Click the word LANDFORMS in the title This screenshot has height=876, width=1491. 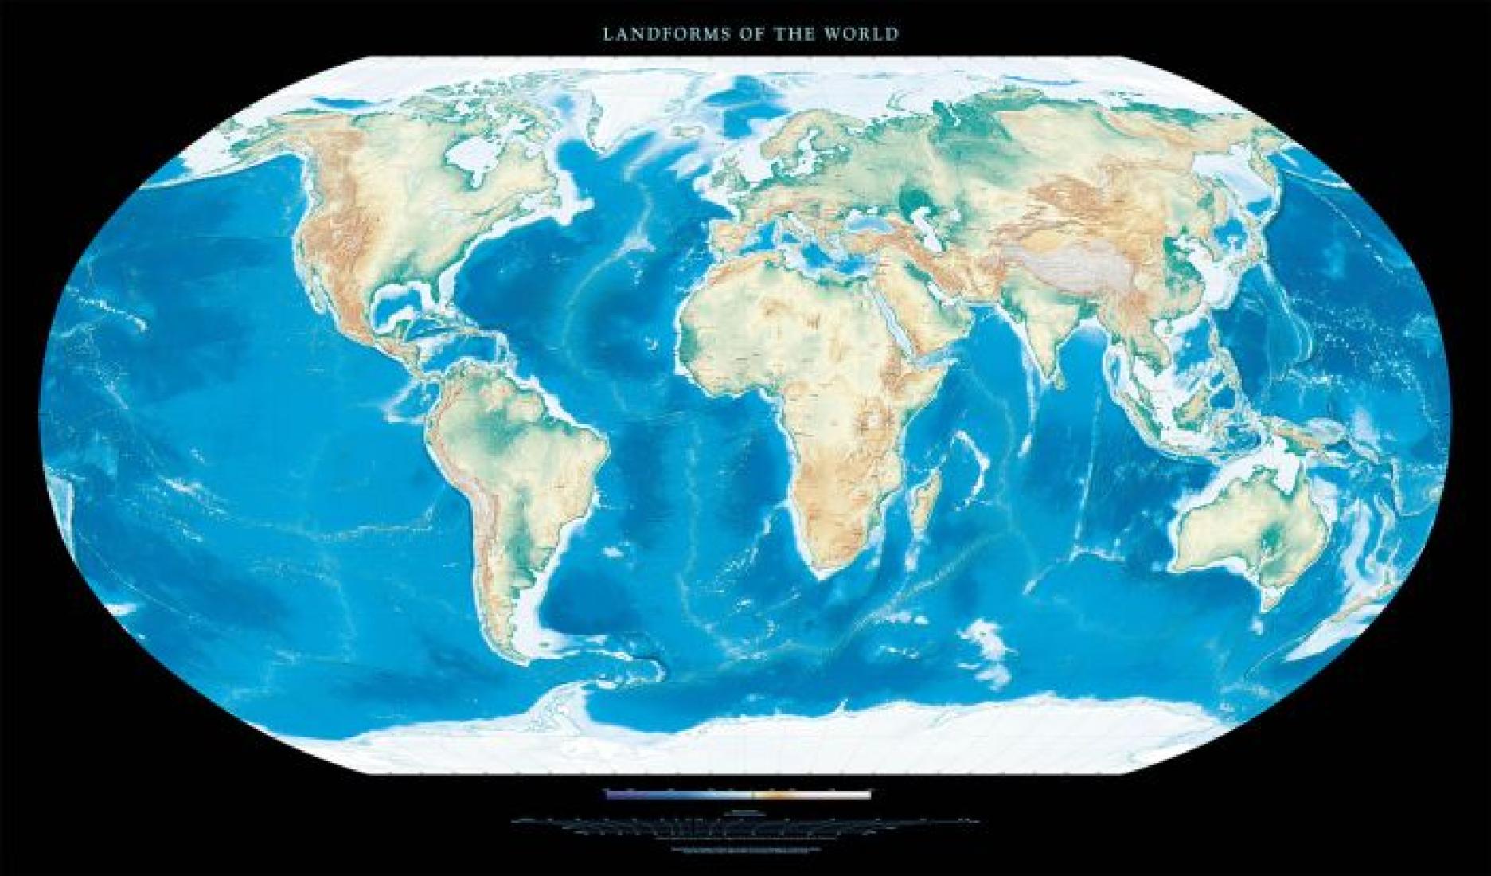point(644,34)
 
